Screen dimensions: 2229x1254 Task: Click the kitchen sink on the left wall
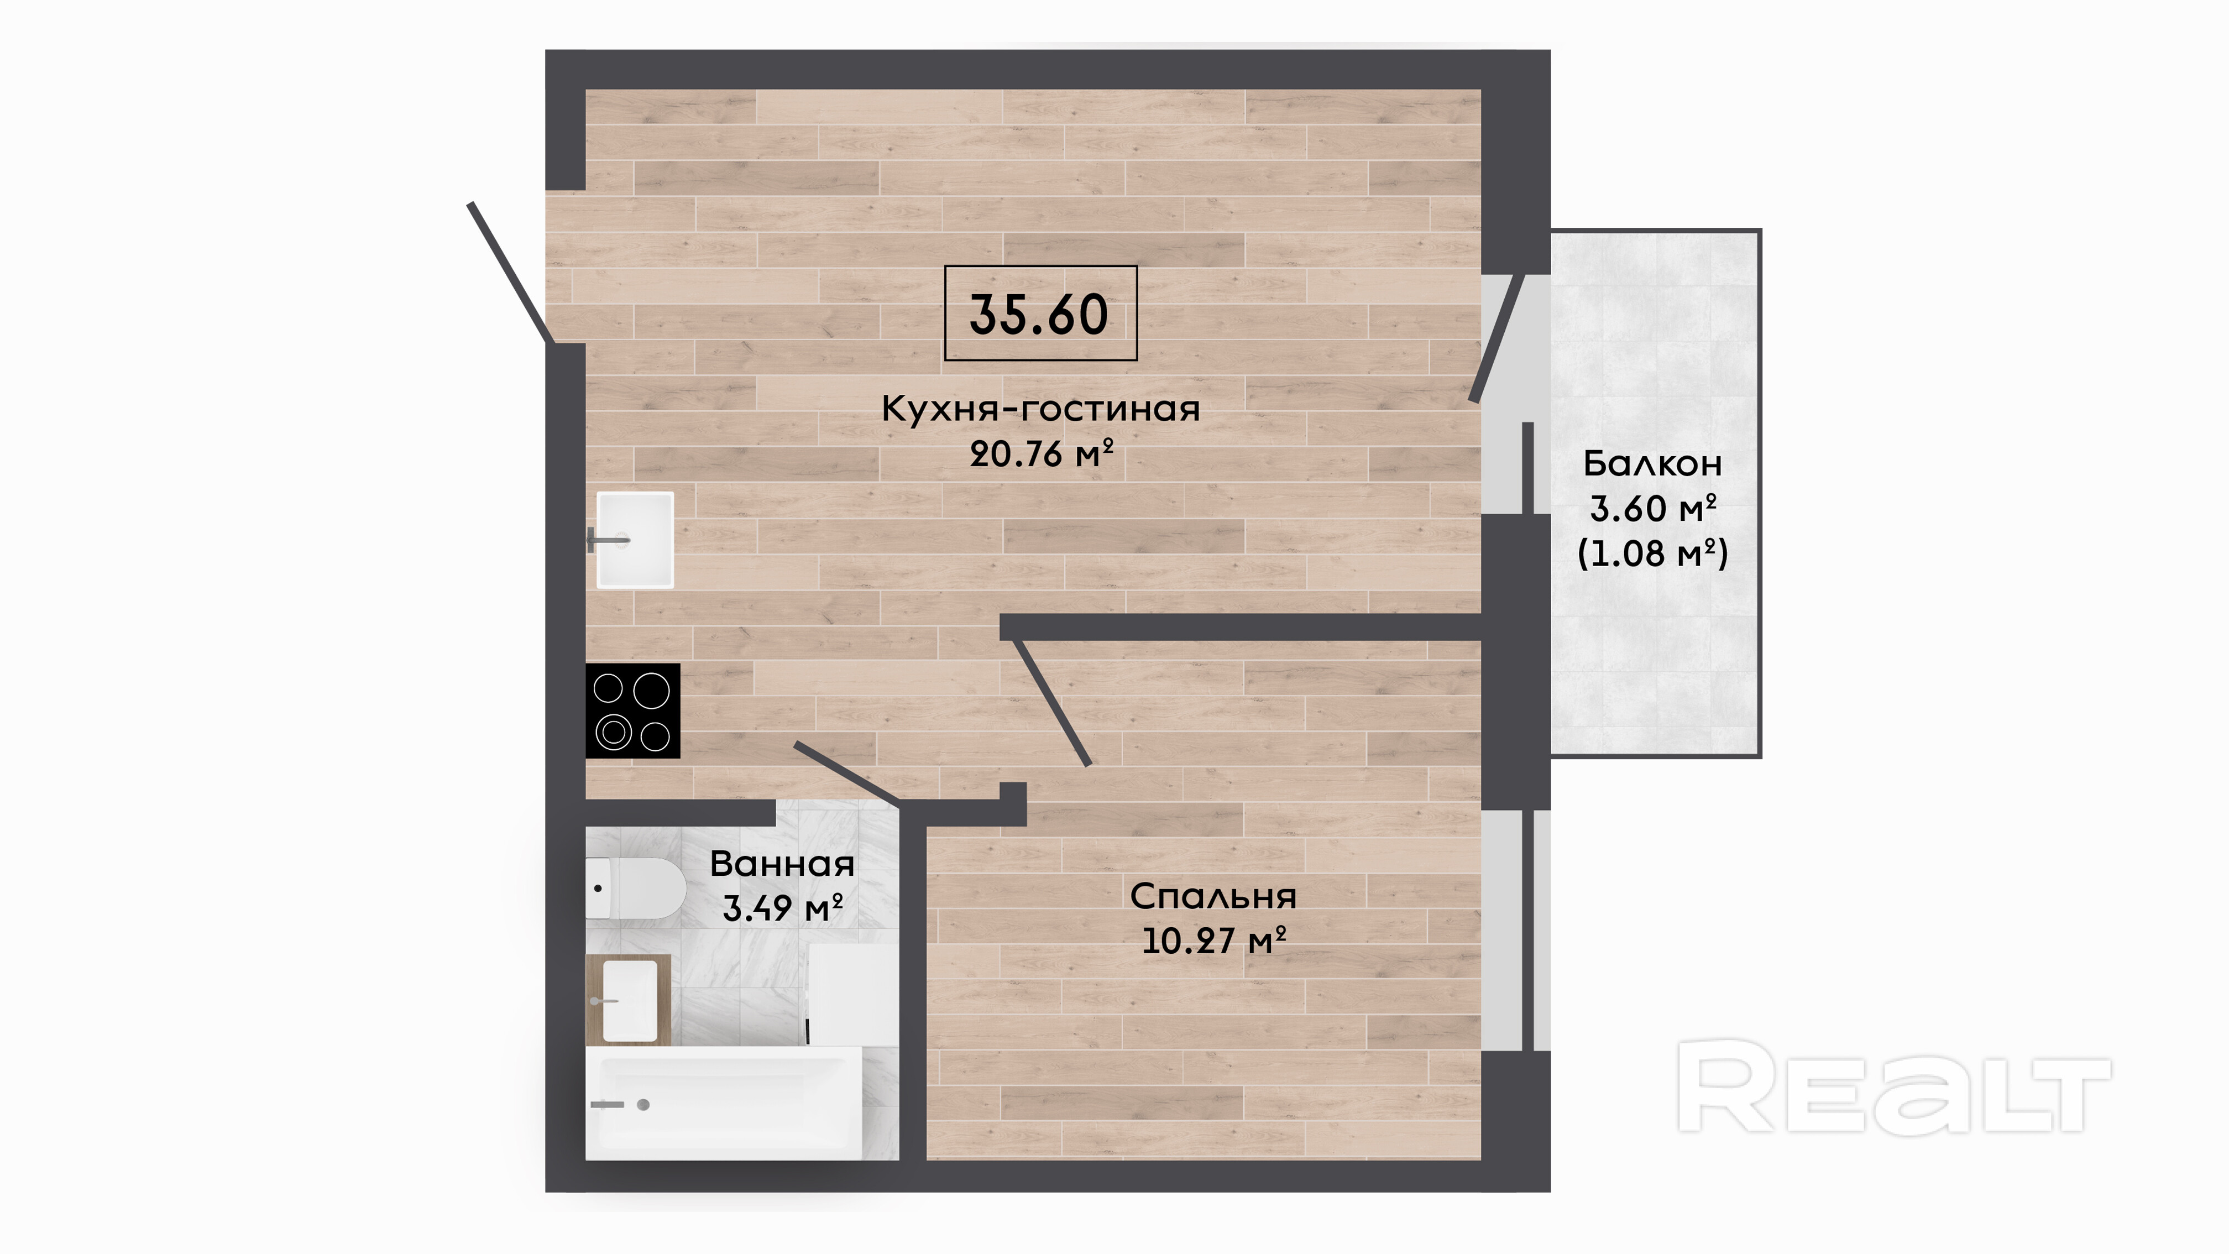tap(634, 540)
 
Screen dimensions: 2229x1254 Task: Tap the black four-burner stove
tap(632, 710)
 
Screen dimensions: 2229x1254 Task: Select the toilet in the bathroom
tap(636, 888)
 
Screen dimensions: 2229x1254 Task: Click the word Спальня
tap(1213, 897)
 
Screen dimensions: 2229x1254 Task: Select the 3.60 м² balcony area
tap(1653, 509)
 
